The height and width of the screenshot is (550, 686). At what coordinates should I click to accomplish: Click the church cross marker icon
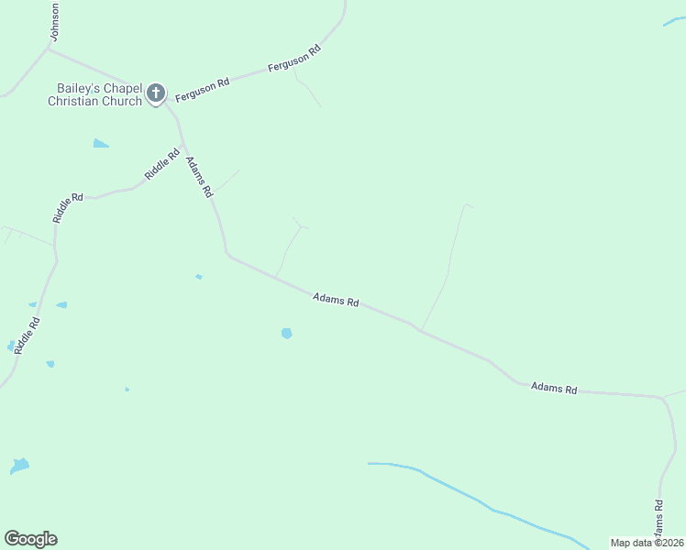coord(156,92)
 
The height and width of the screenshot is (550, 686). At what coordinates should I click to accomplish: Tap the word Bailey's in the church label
coord(72,89)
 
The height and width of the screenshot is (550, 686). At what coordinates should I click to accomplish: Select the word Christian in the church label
coord(74,101)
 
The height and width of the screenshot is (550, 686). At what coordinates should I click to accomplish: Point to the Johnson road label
coord(55,20)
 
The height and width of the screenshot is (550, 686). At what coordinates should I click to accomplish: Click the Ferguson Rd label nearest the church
coord(202,89)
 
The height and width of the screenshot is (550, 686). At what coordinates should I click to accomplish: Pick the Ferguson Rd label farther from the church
coord(293,60)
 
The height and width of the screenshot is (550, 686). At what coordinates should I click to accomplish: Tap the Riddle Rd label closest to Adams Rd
coord(162,162)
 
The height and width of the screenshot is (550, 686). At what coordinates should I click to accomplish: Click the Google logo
coord(30,539)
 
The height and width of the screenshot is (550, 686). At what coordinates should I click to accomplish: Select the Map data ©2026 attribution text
coord(647,543)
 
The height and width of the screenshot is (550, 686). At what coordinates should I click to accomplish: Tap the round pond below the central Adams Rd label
coord(287,334)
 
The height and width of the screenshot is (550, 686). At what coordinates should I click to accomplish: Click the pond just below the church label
coord(101,144)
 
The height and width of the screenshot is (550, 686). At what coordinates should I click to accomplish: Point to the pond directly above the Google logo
coord(19,466)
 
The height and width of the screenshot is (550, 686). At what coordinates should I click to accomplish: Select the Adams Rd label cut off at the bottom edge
coord(658,521)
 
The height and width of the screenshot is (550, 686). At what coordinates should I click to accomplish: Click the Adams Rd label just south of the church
coord(199,178)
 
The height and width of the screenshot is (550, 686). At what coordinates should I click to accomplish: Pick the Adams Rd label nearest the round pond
coord(335,300)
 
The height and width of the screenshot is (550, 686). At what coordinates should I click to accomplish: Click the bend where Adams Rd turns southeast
coord(227,254)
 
